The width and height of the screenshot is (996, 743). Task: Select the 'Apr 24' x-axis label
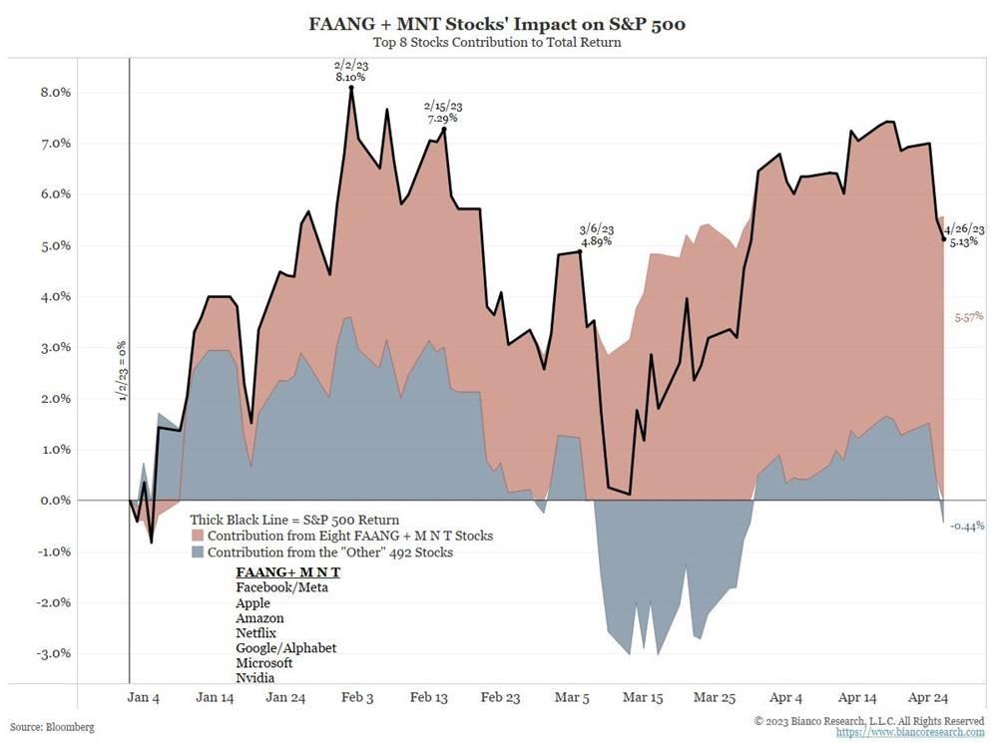[939, 697]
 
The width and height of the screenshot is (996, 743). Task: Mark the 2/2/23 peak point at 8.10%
[351, 89]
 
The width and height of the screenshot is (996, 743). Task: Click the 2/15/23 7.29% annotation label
[441, 111]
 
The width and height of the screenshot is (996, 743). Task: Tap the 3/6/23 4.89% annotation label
[596, 234]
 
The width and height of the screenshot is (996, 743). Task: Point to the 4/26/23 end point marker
[943, 238]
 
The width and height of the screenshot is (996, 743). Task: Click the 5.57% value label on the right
[967, 316]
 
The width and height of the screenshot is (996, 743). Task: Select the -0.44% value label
[968, 526]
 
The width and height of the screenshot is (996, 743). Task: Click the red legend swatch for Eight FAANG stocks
[198, 537]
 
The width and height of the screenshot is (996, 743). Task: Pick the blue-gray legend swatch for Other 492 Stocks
[198, 552]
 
